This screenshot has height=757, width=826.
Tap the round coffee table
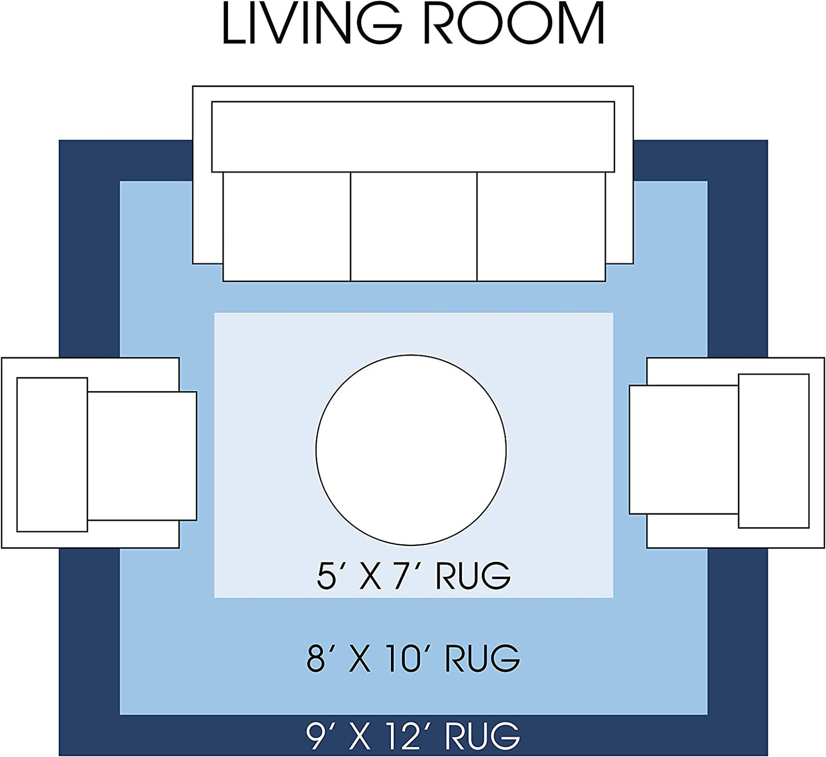pyautogui.click(x=411, y=450)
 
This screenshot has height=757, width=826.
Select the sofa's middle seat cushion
pyautogui.click(x=414, y=226)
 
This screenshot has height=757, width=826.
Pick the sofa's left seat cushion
pyautogui.click(x=286, y=226)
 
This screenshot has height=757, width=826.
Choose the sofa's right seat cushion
pyautogui.click(x=541, y=226)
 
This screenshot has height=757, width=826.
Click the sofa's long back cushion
pyautogui.click(x=413, y=137)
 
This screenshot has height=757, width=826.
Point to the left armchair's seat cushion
pyautogui.click(x=142, y=456)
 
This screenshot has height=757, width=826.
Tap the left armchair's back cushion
pyautogui.click(x=52, y=455)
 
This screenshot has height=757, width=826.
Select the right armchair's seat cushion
pyautogui.click(x=684, y=450)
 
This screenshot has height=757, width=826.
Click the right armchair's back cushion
pyautogui.click(x=774, y=451)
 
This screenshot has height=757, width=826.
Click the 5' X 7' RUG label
pyautogui.click(x=413, y=575)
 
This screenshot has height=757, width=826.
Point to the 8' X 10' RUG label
pyautogui.click(x=413, y=658)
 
